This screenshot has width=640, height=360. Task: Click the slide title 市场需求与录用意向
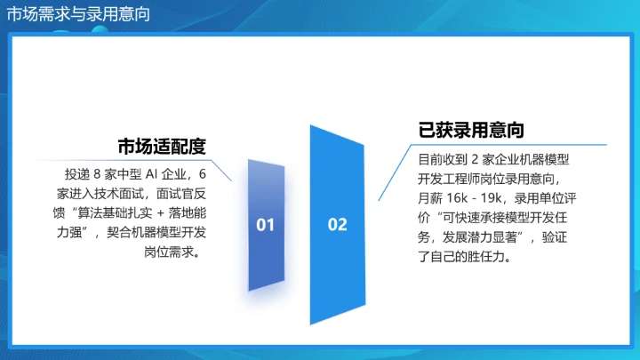(78, 13)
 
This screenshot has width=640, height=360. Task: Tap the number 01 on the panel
(266, 225)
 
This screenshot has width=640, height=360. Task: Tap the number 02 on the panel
(338, 225)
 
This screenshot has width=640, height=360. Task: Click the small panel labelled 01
(266, 258)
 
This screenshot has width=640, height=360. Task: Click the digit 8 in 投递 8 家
(98, 173)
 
